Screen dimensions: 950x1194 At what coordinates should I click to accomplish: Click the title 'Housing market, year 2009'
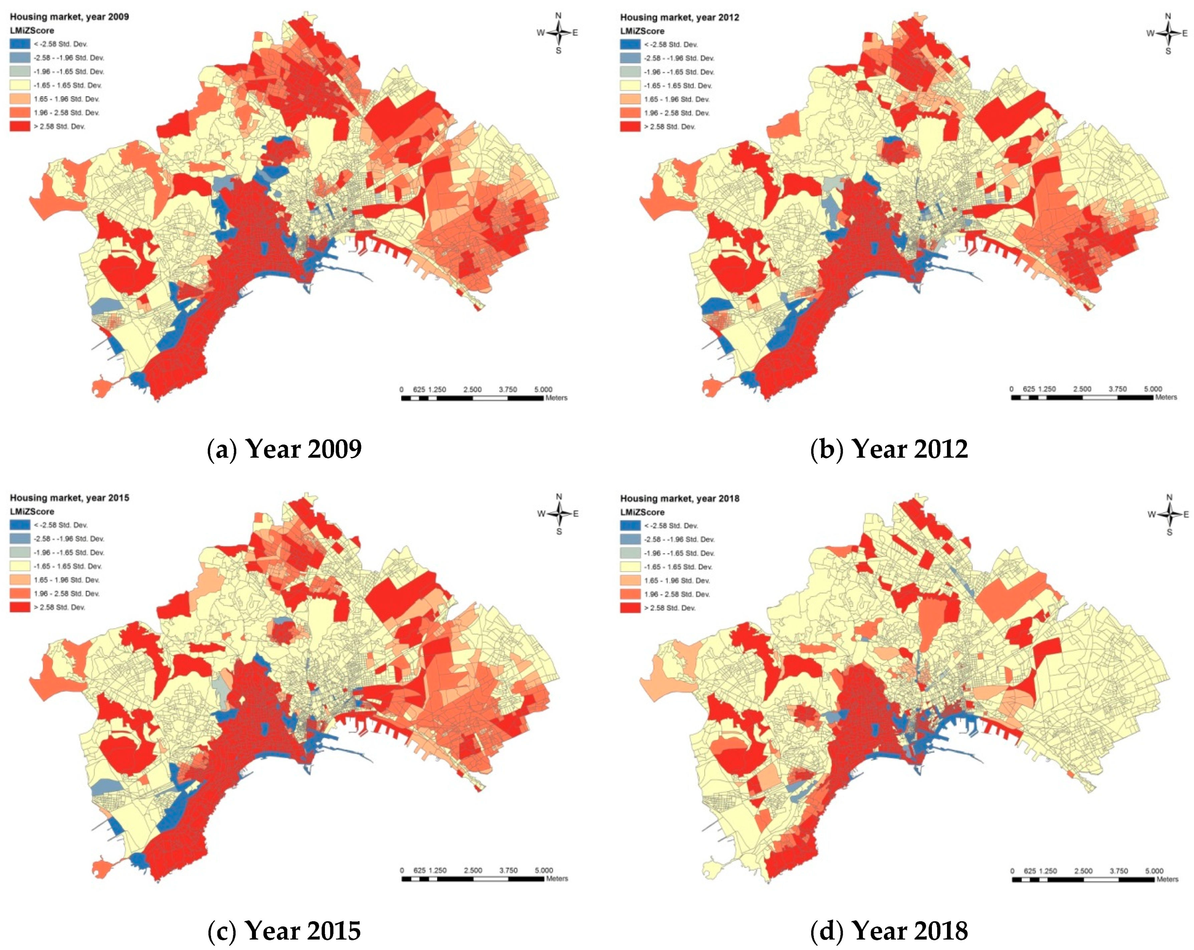coord(69,17)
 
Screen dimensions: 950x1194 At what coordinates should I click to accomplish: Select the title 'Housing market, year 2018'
coord(679,498)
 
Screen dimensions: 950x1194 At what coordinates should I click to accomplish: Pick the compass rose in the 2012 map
coord(1169,33)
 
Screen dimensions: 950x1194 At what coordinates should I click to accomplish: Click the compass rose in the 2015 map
coord(559,514)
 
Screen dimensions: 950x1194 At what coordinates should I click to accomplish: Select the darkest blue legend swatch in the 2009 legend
coord(20,44)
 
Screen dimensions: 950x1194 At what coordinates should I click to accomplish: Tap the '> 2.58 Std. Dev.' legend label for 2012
coord(669,127)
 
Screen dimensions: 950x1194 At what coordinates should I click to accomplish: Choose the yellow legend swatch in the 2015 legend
coord(20,566)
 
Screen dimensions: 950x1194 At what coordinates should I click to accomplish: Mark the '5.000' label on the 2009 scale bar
coord(543,389)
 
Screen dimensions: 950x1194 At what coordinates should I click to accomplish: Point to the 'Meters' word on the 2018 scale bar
coord(1167,879)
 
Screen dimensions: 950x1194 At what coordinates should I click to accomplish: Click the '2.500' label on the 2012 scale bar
coord(1082,389)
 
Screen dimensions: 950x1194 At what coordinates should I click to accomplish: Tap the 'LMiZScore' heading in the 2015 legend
coord(32,511)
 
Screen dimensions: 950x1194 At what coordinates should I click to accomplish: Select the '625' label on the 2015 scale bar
coord(419,870)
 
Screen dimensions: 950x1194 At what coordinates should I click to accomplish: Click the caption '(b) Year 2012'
coord(889,448)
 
